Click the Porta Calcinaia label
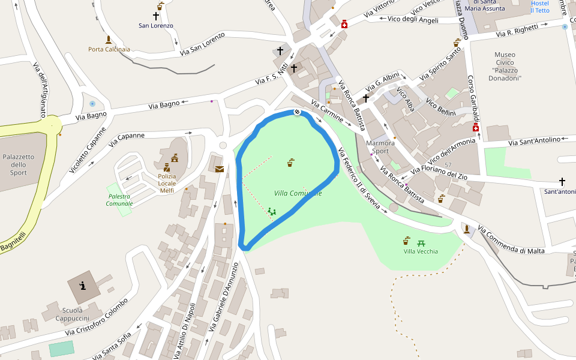tap(109, 49)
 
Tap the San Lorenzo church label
tap(155, 26)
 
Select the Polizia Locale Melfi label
tap(167, 183)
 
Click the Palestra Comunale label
tap(119, 200)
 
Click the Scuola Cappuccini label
tap(75, 314)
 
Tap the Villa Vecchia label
tap(421, 251)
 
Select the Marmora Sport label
tap(380, 147)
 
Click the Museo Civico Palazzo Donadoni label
tap(505, 67)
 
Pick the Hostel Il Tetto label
tap(539, 7)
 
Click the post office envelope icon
tap(220, 169)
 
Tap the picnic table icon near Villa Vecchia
tap(421, 242)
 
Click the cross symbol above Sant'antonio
tap(562, 181)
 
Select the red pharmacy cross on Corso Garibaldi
tap(476, 128)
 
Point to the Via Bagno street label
tap(164, 105)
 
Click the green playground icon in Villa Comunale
tap(271, 211)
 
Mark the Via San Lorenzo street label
tap(202, 44)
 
